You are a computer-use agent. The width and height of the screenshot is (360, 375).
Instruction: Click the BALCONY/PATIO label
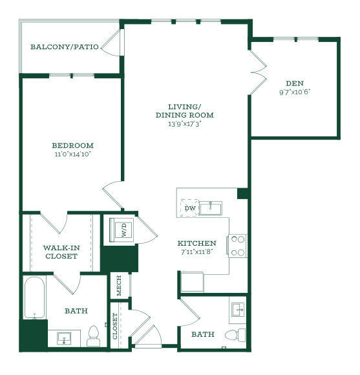pos(65,47)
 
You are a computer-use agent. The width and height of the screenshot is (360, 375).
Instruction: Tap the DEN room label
pos(295,83)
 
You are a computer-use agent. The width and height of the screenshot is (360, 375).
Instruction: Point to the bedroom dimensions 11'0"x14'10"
pos(73,154)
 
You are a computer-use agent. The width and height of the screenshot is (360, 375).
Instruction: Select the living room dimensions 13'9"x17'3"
pos(185,124)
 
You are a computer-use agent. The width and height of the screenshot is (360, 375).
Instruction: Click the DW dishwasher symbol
pos(190,208)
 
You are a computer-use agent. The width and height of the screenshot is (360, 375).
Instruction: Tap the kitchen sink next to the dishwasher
pos(211,208)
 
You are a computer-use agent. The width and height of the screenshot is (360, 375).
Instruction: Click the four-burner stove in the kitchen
pos(238,246)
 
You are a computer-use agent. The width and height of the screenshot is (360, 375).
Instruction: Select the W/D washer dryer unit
pos(122,230)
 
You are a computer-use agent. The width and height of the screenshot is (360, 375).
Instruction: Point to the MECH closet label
pos(119,286)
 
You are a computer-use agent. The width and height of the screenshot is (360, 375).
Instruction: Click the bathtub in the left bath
pos(35,298)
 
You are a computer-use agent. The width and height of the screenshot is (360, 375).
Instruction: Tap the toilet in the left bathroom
pos(94,336)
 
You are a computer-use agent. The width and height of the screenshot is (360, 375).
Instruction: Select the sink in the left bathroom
pos(64,339)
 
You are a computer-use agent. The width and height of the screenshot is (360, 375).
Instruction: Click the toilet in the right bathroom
pos(235,334)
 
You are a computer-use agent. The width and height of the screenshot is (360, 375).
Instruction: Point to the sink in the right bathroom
pos(238,310)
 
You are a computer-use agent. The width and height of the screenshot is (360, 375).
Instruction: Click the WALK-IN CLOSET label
pos(61,252)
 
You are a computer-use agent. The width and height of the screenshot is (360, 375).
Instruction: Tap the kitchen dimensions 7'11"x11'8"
pos(197,252)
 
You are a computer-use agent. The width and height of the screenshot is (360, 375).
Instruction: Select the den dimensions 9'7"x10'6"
pos(295,92)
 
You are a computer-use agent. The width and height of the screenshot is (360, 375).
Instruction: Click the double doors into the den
pos(259,72)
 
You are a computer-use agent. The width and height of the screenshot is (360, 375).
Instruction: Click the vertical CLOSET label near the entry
pos(115,326)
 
